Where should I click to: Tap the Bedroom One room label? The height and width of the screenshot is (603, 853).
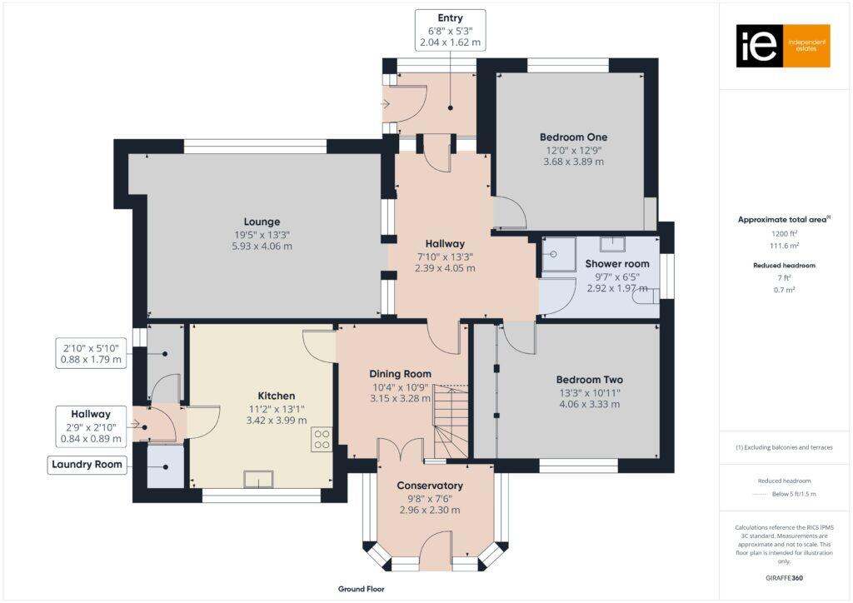(573, 137)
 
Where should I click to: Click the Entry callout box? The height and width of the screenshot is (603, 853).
(450, 30)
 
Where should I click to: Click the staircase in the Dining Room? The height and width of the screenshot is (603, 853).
(450, 421)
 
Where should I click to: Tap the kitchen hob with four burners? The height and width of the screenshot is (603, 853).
(322, 440)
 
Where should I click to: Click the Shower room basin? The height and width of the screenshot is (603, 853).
(613, 243)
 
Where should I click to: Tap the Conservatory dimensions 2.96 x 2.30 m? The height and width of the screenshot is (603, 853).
(429, 511)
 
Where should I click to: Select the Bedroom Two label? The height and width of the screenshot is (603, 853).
(591, 380)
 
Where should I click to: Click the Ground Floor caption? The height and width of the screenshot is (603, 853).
(360, 589)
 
